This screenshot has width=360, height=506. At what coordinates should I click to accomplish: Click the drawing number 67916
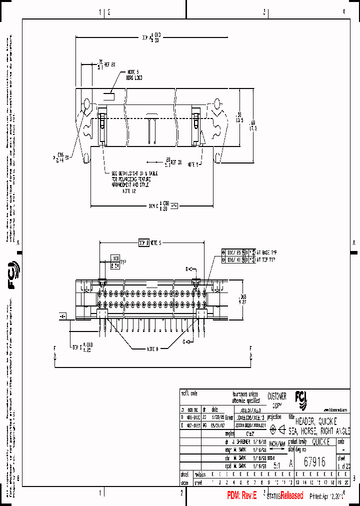tap(315, 463)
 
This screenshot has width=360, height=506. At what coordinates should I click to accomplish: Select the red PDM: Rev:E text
tap(241, 495)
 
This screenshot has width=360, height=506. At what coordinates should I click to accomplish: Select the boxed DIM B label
tap(143, 243)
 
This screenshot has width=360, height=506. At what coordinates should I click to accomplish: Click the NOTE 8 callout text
tap(152, 349)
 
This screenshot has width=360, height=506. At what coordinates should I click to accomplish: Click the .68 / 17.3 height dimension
tap(253, 125)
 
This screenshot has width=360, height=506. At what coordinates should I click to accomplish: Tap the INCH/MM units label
tap(277, 444)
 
